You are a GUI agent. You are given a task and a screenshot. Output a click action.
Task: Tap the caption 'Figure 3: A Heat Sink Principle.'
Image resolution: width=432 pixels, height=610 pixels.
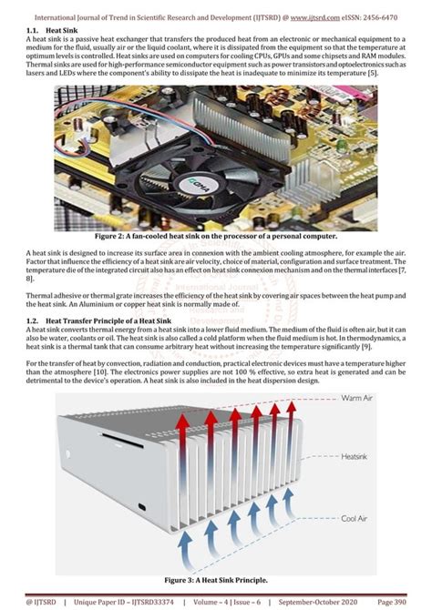215,578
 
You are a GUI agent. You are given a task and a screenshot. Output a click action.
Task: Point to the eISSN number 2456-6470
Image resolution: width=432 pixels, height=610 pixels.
395,16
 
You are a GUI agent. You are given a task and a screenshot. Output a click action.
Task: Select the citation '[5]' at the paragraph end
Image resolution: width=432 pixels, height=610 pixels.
372,97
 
